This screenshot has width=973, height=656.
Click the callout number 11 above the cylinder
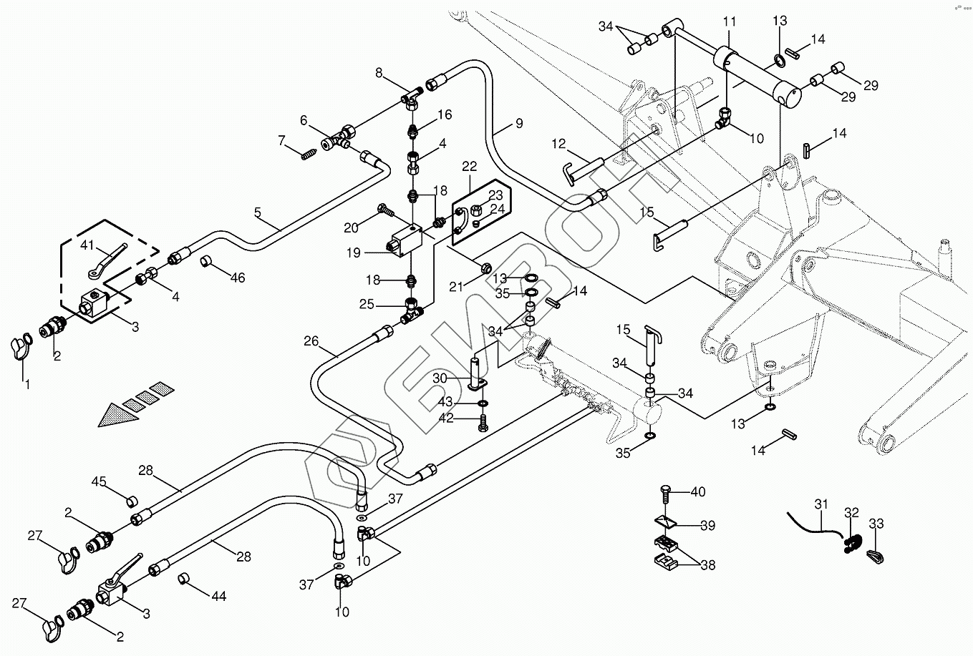tap(729, 21)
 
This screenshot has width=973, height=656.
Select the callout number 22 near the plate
tap(470, 167)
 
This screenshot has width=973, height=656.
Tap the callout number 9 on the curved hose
tap(517, 124)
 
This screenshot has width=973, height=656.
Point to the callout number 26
tap(311, 341)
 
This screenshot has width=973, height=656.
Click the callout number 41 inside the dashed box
tap(88, 246)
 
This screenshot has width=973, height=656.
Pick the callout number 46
tap(237, 277)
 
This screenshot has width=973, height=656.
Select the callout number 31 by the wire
tap(821, 504)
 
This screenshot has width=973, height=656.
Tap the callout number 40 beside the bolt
tap(698, 491)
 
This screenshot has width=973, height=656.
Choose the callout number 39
tap(707, 526)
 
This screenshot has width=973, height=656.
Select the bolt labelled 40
tap(664, 495)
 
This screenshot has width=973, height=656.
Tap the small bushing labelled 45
tap(132, 499)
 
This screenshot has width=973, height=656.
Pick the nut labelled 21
tap(485, 268)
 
